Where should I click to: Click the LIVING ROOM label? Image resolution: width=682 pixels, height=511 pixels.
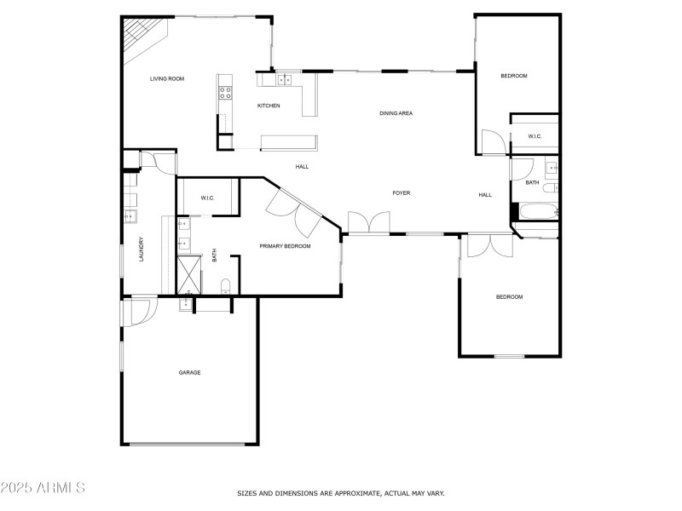click(x=167, y=79)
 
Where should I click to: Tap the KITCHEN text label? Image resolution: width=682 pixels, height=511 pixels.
click(x=269, y=106)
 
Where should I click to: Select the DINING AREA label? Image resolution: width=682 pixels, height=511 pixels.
click(x=396, y=113)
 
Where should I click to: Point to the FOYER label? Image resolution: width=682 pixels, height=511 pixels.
click(x=401, y=193)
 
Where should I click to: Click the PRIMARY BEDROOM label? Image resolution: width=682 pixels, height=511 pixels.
click(x=285, y=246)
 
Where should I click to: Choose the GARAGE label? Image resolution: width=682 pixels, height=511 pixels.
click(x=189, y=372)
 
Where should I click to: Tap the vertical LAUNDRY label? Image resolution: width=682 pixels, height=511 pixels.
click(x=142, y=249)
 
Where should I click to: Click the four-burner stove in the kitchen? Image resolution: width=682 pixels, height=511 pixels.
click(x=225, y=89)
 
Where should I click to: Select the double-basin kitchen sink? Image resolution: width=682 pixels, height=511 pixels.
click(x=284, y=80)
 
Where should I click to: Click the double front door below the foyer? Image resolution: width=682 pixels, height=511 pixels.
click(x=369, y=223)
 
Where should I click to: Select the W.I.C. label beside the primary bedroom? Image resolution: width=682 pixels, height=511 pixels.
click(x=207, y=198)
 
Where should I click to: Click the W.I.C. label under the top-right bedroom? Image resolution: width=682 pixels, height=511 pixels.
click(x=535, y=136)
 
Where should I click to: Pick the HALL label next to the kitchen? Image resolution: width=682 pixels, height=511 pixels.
click(x=302, y=167)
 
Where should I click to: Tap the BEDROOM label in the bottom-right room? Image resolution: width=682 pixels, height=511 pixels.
click(x=509, y=297)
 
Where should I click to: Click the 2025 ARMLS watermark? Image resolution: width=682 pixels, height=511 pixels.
click(x=43, y=488)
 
